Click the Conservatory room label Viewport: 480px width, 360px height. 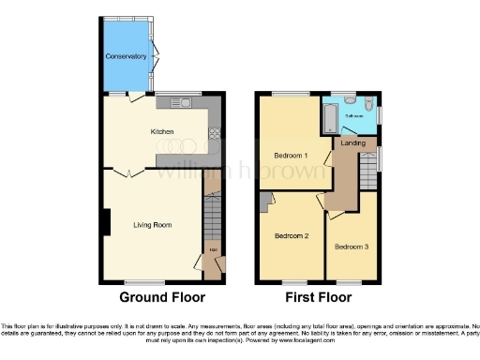tap(126, 56)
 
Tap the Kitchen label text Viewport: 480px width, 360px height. tap(162, 132)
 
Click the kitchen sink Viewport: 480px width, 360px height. tap(176, 101)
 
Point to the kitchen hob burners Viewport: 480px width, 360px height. tap(214, 131)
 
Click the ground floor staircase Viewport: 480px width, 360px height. tap(213, 220)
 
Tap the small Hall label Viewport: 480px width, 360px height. tap(213, 249)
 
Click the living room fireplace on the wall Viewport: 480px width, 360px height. tap(105, 223)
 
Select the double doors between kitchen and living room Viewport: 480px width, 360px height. tap(123, 172)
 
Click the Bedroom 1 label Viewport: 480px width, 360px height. tap(292, 155)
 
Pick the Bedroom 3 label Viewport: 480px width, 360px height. tap(351, 246)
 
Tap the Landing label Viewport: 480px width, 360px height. tap(353, 142)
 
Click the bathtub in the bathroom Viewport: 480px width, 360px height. tap(330, 118)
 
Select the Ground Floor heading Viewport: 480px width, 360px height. tap(162, 298)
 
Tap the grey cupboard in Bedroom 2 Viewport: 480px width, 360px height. tap(267, 197)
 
